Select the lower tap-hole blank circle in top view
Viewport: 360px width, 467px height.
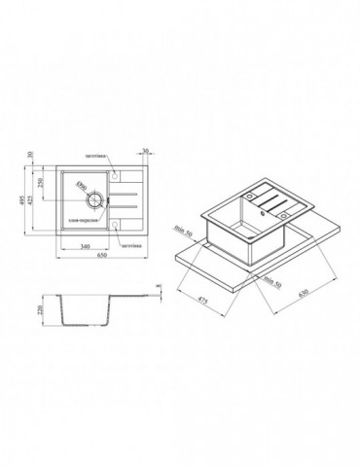coord(115,223)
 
